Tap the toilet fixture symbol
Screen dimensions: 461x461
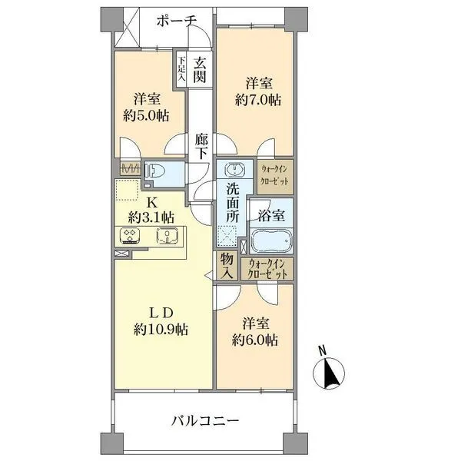[x=156, y=174]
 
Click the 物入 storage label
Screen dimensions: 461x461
[x=227, y=266]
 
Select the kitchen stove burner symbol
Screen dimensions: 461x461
[x=129, y=237]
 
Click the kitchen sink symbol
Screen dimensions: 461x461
[x=167, y=237]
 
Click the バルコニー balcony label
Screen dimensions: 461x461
[x=205, y=420]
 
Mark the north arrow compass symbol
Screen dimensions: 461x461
[x=329, y=372]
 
